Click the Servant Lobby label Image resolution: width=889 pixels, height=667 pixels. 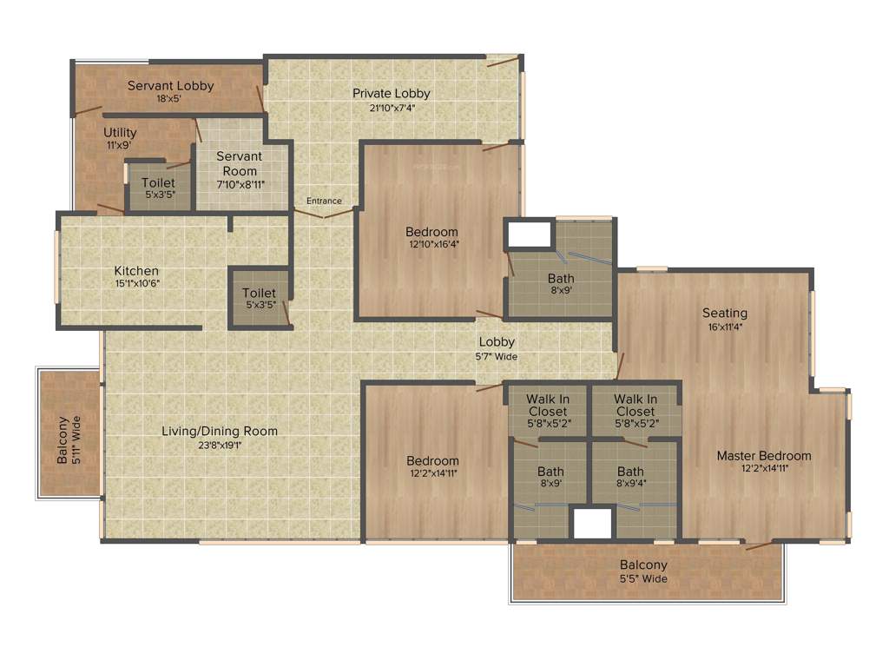tap(170, 86)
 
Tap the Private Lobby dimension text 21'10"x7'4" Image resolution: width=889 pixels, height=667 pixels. tap(391, 109)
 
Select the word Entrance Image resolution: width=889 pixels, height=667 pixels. tap(324, 201)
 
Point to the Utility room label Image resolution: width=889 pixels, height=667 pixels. tap(120, 132)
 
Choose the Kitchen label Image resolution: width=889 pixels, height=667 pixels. tap(136, 271)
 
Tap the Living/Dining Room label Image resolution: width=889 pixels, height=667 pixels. tap(220, 431)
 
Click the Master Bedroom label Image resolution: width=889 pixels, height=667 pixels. tap(764, 455)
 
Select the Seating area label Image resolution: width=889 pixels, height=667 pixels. tap(725, 313)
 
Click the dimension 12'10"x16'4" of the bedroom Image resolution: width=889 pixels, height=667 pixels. tap(433, 244)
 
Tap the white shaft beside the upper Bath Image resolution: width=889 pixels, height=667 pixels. tap(529, 234)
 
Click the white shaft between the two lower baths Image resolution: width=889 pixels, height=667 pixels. tap(593, 523)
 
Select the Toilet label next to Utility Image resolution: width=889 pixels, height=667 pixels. tap(158, 182)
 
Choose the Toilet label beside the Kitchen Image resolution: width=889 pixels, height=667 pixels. tap(259, 294)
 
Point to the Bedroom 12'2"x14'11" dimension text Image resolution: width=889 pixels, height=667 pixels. tap(432, 473)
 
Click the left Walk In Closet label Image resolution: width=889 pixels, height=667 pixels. tap(548, 405)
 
